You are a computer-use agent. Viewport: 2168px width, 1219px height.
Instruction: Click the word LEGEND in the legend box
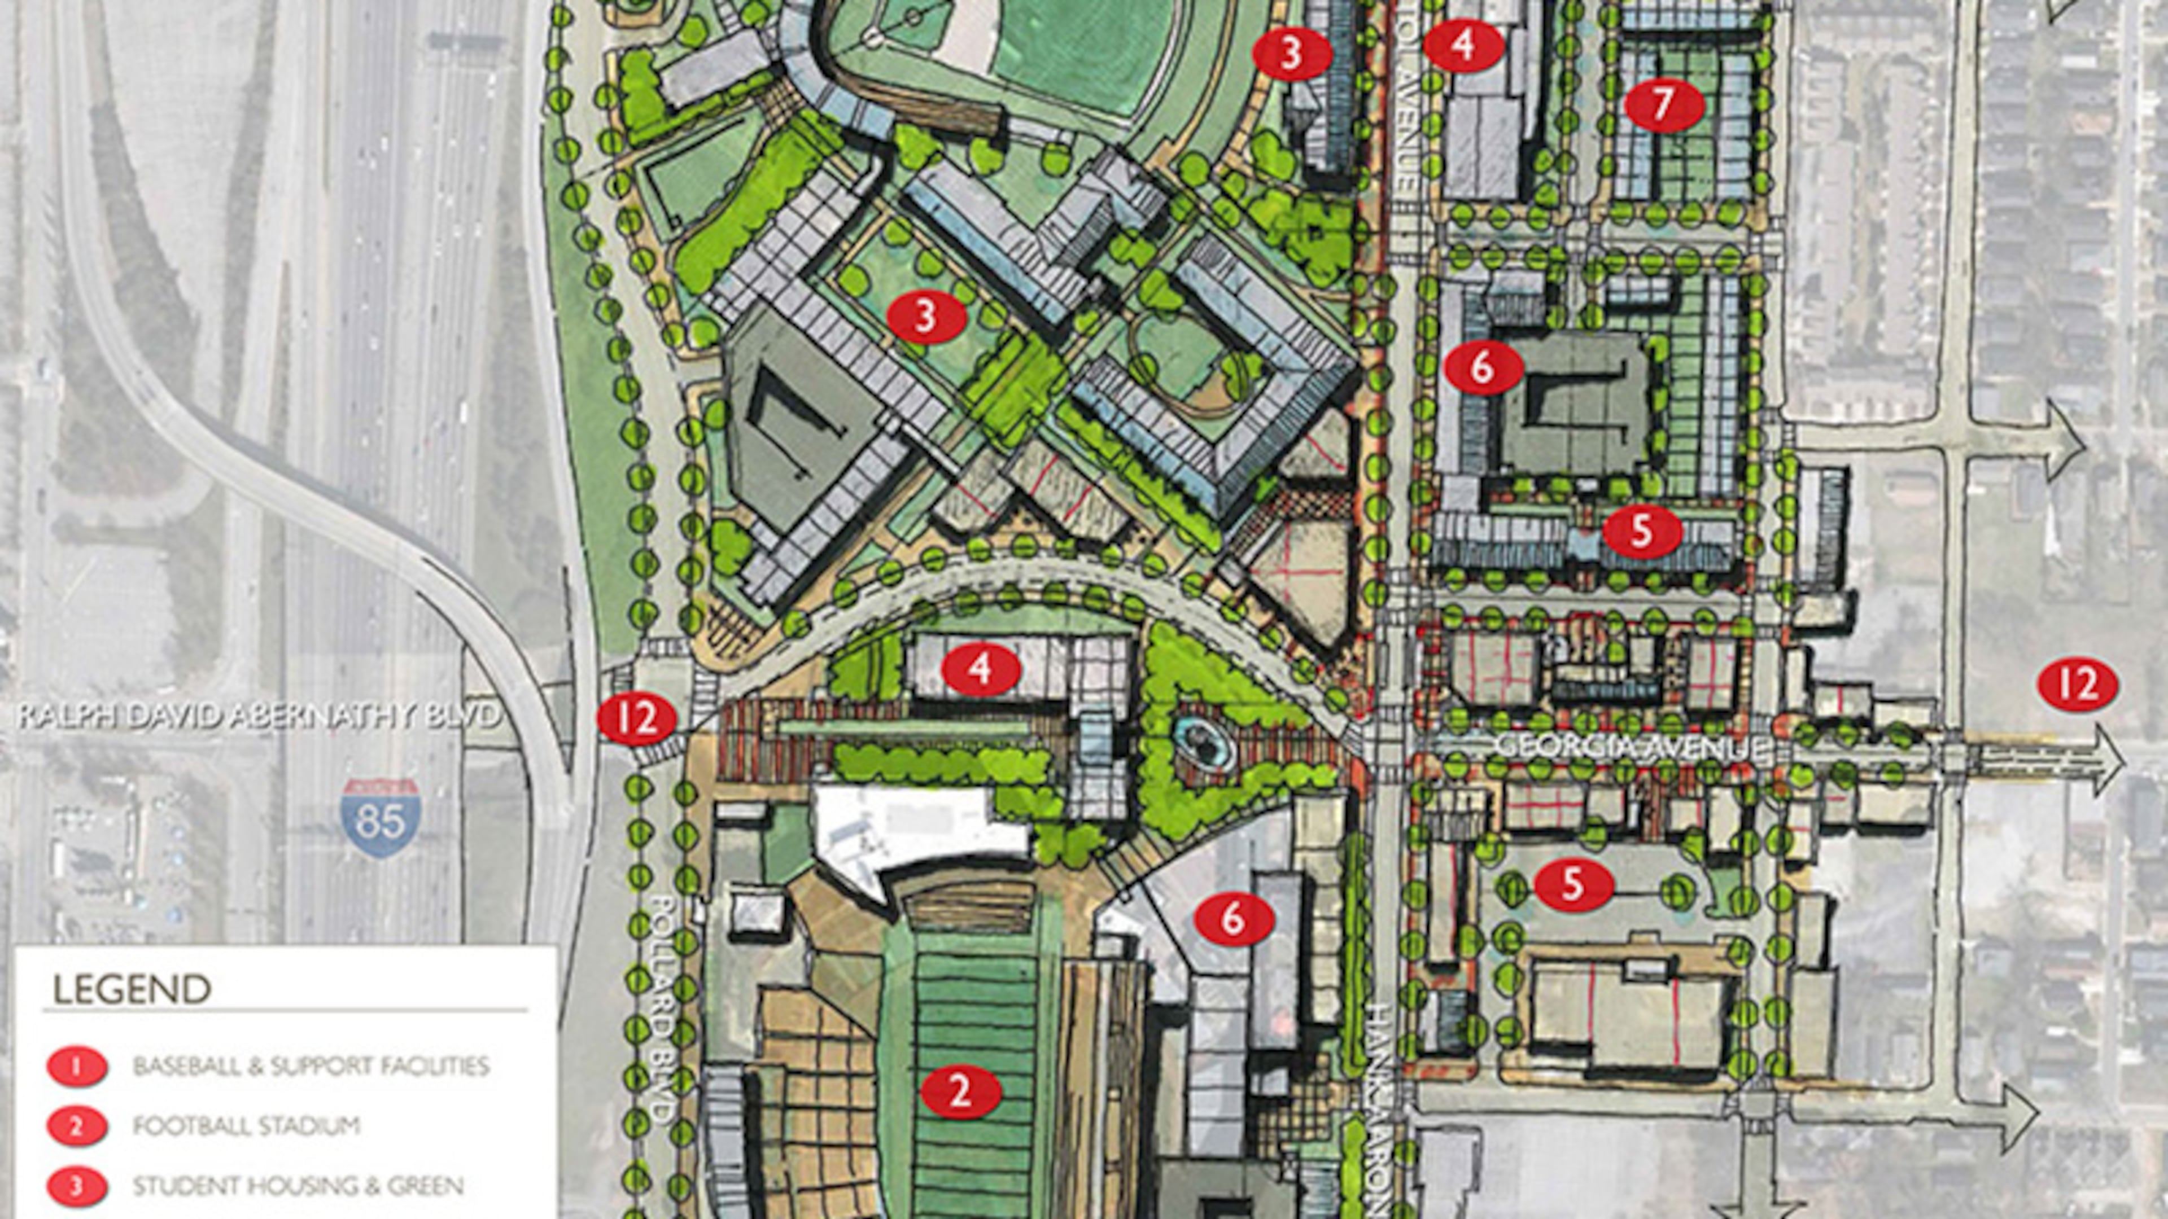tap(132, 989)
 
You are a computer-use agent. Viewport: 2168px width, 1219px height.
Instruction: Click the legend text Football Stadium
tap(247, 1126)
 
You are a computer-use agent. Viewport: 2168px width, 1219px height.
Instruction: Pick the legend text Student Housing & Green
tap(298, 1186)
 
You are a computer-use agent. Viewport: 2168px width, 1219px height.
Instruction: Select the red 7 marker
tap(1663, 106)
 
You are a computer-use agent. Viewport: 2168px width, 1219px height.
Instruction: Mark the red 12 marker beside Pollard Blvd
tap(638, 722)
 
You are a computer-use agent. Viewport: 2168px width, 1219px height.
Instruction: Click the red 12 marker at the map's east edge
tap(2078, 686)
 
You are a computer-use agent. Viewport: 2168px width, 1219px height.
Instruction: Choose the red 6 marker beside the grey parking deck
tap(1484, 367)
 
